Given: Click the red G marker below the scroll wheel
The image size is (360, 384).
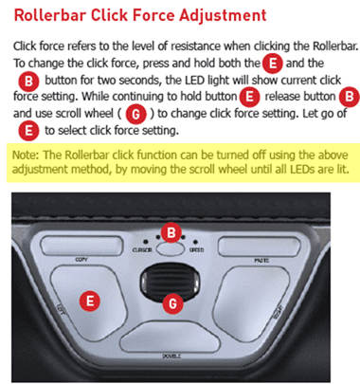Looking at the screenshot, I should point(171,303).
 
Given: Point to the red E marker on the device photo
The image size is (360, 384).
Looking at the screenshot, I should point(90,300).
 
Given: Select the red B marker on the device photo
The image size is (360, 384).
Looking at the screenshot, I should point(171,230).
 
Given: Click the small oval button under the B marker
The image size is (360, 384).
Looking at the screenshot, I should point(171,248).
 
